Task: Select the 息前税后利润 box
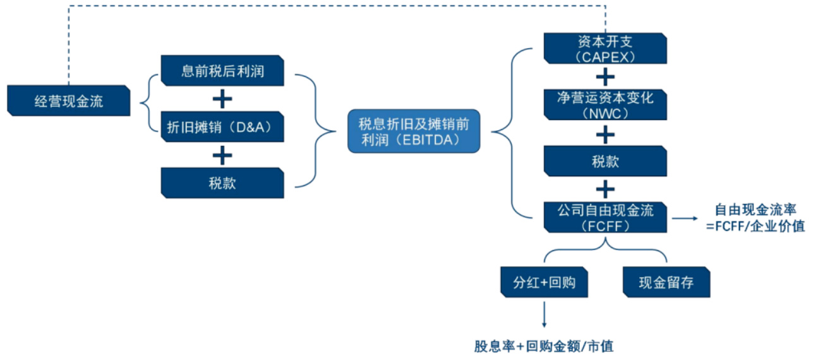pos(222,71)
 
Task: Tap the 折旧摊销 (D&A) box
pos(222,127)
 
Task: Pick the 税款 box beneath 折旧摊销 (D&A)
pos(222,183)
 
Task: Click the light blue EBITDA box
pos(414,131)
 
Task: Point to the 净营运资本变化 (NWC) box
pos(605,105)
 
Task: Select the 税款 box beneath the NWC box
pos(605,161)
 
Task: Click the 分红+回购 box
pos(544,282)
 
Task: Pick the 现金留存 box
pos(666,282)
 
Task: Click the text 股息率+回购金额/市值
pos(544,346)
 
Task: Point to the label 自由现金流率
pos(754,210)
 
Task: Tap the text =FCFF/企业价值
pos(756,226)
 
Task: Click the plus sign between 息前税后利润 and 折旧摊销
pos(222,99)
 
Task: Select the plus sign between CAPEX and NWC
pos(605,77)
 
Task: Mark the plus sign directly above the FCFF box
pos(605,189)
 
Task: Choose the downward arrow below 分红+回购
pos(544,315)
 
